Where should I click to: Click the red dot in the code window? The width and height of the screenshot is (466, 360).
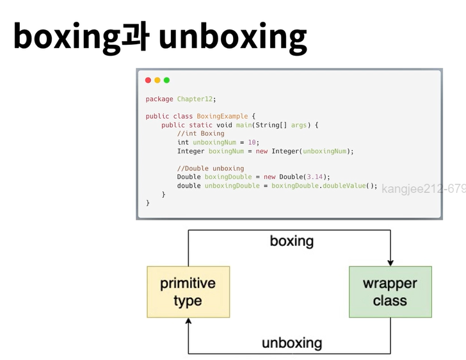(149, 80)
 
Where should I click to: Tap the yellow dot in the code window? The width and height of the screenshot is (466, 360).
(157, 80)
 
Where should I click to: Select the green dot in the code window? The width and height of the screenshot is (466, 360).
(166, 80)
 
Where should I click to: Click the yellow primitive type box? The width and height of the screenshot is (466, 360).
(188, 292)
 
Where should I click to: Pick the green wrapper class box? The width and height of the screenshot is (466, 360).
(390, 292)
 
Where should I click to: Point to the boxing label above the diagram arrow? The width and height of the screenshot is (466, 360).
(292, 241)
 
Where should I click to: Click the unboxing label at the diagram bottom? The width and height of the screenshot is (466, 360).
(292, 343)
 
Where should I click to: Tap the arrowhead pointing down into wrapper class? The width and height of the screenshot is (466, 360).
(390, 262)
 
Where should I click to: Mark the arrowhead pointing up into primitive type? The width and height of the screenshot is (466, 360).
(188, 322)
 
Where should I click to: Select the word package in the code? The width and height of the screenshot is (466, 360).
(159, 99)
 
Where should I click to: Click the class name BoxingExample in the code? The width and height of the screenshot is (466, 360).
(218, 117)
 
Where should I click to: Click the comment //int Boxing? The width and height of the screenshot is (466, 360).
(201, 134)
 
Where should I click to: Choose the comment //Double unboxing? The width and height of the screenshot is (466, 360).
(211, 168)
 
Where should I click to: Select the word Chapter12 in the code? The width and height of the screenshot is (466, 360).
(195, 99)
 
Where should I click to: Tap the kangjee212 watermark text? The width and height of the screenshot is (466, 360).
(423, 189)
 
